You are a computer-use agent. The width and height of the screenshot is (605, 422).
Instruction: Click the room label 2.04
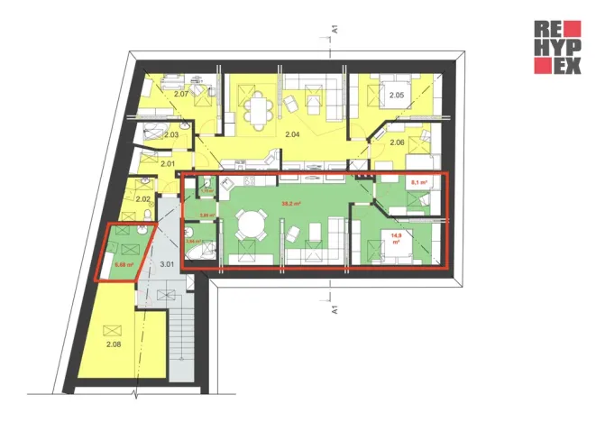point(291,134)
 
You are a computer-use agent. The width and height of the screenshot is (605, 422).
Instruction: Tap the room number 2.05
point(396,95)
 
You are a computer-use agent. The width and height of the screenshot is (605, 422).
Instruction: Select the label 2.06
point(398,142)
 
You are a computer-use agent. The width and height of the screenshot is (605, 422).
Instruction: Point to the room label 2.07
point(179,94)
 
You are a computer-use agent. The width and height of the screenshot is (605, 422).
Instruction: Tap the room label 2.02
point(143,198)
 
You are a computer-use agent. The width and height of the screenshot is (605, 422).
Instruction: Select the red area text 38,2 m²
point(290,205)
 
